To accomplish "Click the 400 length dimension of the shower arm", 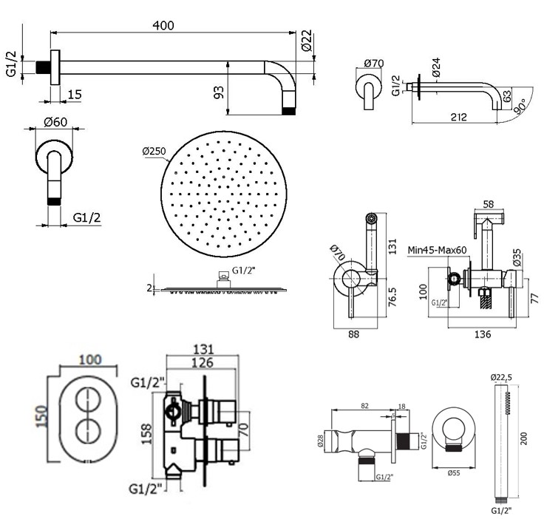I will coord(163,25).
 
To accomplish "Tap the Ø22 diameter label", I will coord(307,41).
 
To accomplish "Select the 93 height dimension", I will coord(219,92).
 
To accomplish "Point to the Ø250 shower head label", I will coord(156,152).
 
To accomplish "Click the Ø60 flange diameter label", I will coord(56,122).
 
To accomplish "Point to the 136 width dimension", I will coord(481,335).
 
